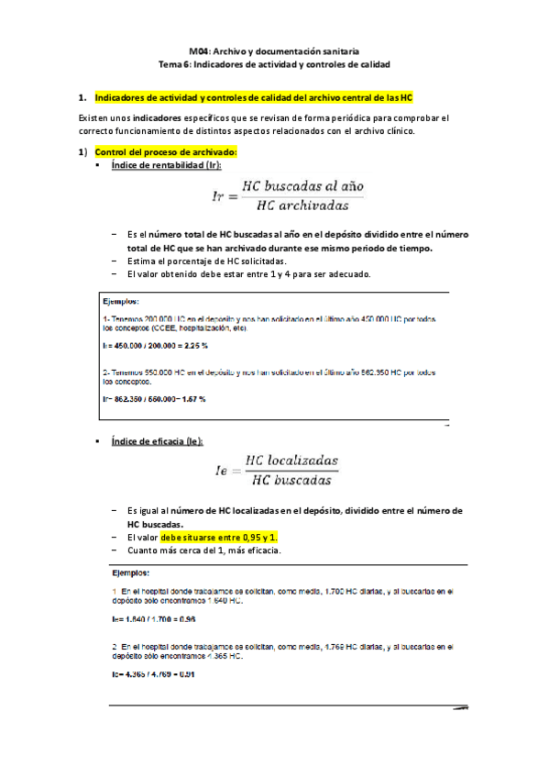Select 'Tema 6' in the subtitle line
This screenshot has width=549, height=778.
pyautogui.click(x=174, y=66)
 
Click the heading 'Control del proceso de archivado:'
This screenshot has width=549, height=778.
pyautogui.click(x=166, y=151)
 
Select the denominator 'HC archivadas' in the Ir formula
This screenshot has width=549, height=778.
pyautogui.click(x=300, y=205)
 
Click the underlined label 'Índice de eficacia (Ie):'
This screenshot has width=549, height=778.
pyautogui.click(x=155, y=440)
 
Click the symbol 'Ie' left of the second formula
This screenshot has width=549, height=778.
pyautogui.click(x=221, y=470)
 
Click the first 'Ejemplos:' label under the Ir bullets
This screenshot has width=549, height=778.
pyautogui.click(x=122, y=300)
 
